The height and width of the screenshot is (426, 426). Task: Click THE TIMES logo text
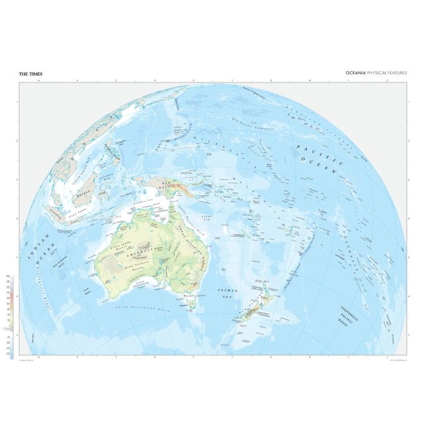(30, 74)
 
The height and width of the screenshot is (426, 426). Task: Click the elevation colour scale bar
(11, 316)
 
